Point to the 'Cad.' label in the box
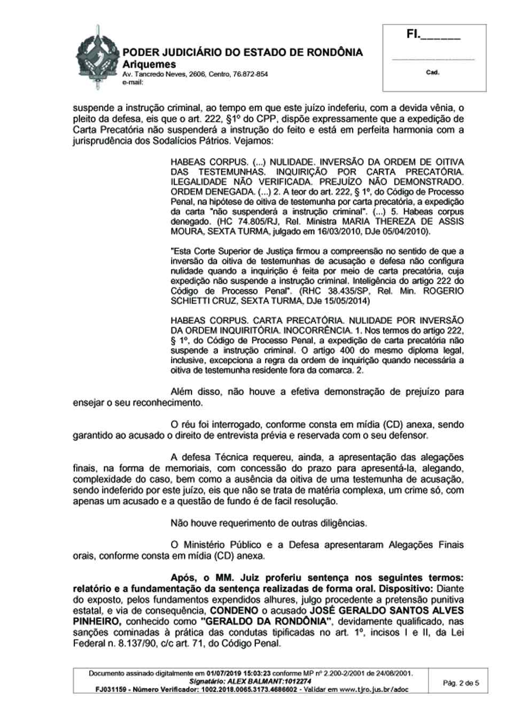coord(432,72)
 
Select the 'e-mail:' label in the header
coord(133,82)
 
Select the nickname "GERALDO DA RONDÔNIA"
coord(266,621)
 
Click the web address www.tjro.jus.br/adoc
coord(377,689)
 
